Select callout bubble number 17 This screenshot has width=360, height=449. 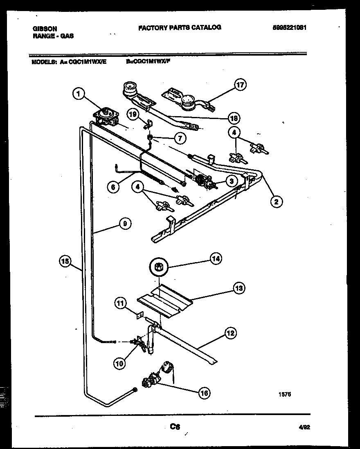(241, 85)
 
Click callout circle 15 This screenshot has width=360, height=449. (65, 260)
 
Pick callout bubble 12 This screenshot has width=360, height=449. (230, 333)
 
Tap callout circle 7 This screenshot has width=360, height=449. (179, 138)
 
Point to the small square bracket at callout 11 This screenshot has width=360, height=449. (140, 315)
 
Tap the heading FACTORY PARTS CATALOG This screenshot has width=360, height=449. (180, 27)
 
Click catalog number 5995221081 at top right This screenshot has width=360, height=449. (290, 28)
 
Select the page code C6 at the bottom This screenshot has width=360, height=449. (175, 427)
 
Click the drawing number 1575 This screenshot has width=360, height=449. (285, 395)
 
